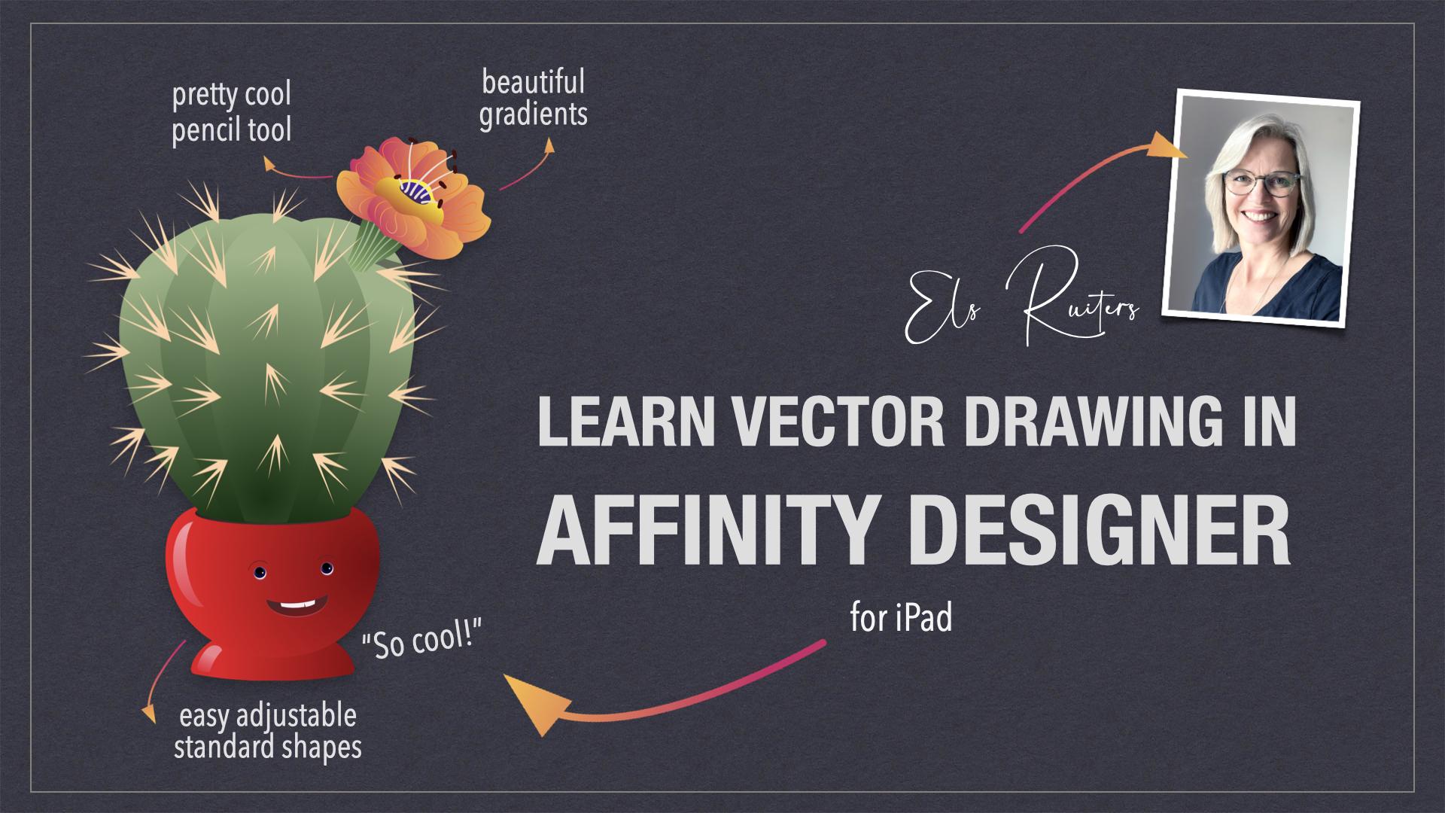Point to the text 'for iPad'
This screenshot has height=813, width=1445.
(x=902, y=618)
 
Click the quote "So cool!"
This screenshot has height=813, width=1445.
(x=421, y=641)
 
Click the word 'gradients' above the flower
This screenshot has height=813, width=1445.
(x=534, y=114)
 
